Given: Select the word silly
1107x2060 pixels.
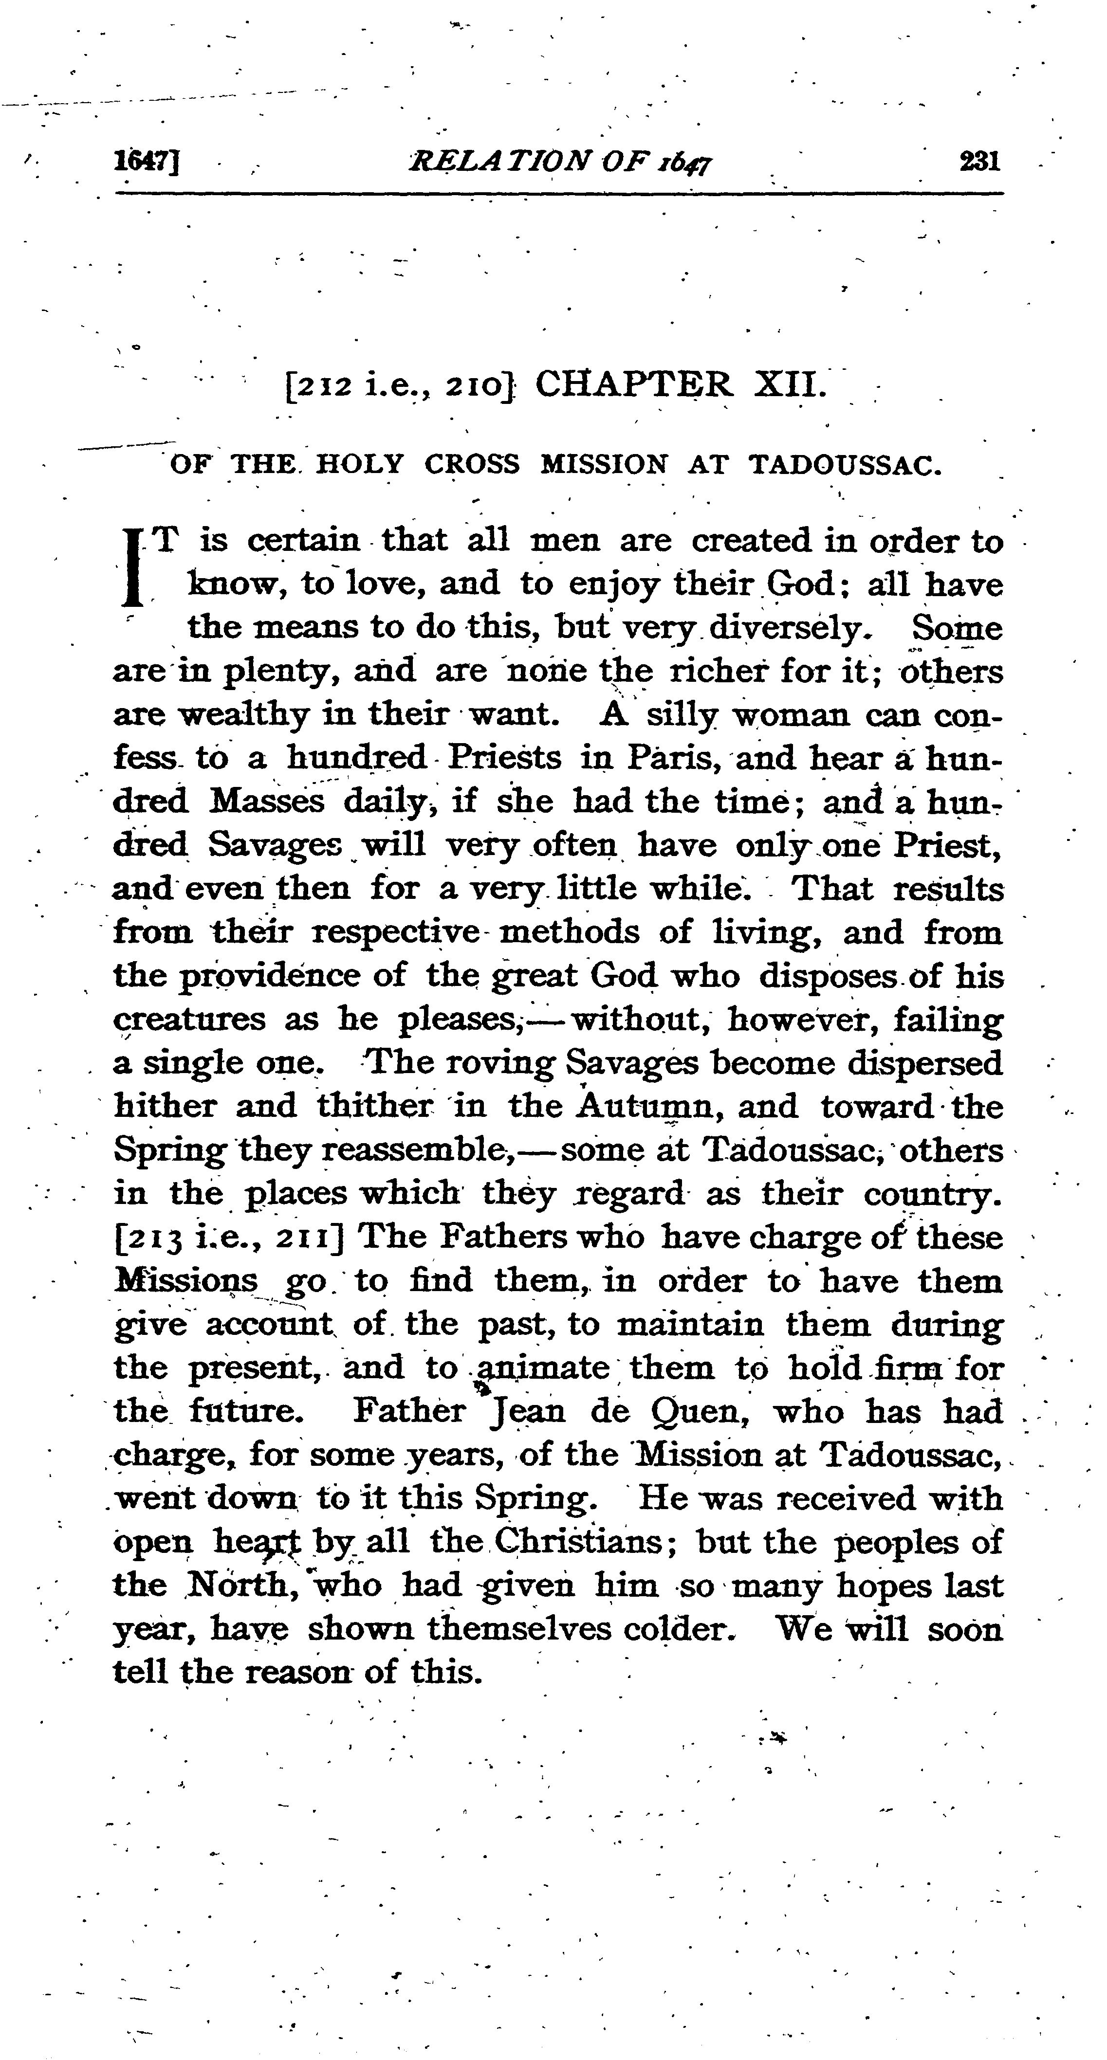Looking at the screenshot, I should (x=681, y=714).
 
